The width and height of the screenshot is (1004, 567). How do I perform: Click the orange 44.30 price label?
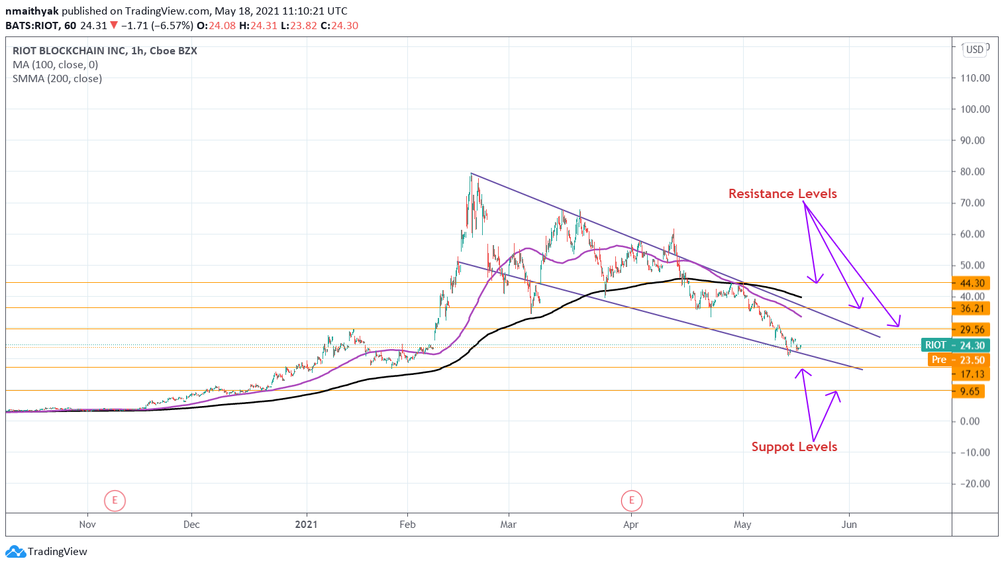tap(971, 283)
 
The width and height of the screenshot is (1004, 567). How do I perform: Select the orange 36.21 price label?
tap(971, 308)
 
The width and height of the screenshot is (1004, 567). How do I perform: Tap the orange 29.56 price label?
tap(971, 329)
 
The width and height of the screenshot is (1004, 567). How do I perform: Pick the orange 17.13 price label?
tap(971, 374)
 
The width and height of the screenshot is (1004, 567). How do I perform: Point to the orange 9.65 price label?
tap(969, 391)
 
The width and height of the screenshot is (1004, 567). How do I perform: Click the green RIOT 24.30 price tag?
tap(955, 345)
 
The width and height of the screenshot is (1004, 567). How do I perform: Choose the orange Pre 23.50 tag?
tap(958, 360)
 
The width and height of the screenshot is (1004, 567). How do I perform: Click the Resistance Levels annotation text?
tap(782, 193)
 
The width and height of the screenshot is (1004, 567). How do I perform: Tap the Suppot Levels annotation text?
tap(794, 446)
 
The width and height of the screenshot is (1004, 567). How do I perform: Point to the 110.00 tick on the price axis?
tap(975, 78)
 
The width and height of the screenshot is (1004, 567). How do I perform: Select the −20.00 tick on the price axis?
tap(975, 484)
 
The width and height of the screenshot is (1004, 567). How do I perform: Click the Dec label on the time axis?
tap(191, 525)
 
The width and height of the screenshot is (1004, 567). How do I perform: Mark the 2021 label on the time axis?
tap(306, 525)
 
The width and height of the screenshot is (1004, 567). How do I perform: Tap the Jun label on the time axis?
tap(849, 525)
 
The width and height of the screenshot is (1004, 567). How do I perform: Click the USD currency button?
tap(975, 50)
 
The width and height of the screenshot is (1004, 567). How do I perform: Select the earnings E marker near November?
tap(115, 500)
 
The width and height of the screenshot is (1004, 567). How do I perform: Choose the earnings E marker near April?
tap(632, 500)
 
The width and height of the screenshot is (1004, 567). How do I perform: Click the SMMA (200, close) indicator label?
tap(58, 79)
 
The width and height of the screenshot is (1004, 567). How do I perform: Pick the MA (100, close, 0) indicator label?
tap(56, 65)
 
